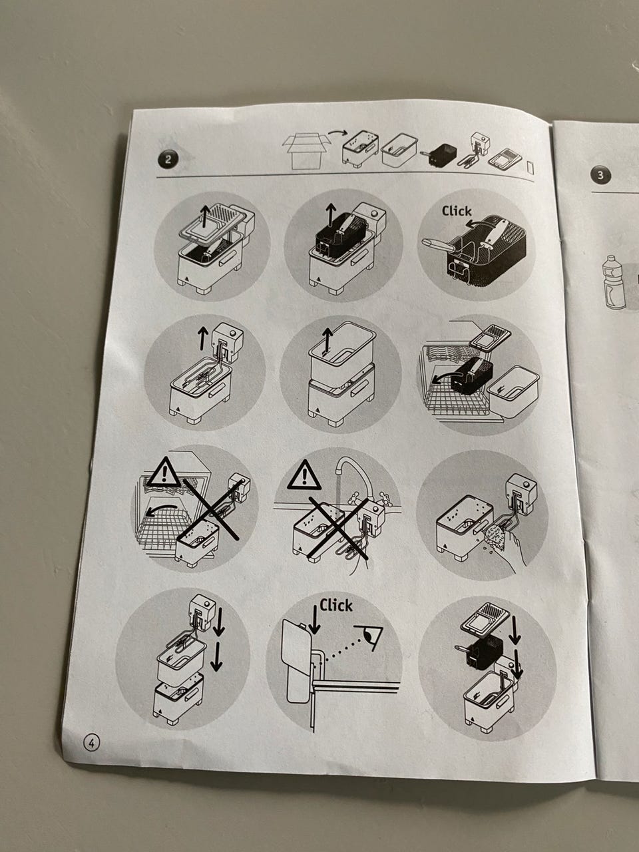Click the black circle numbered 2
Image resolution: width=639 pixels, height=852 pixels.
[168, 160]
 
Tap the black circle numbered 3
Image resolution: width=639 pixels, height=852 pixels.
[600, 175]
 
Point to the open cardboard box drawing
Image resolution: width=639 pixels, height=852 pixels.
[306, 151]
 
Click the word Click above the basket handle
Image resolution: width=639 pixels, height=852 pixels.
[457, 211]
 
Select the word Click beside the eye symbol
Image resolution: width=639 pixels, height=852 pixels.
[336, 606]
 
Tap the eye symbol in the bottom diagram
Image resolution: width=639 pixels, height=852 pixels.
[368, 636]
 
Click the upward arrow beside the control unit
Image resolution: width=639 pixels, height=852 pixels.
[202, 337]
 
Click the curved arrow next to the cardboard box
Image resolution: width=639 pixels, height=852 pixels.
[337, 134]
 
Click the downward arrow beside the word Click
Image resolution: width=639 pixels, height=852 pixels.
[314, 619]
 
